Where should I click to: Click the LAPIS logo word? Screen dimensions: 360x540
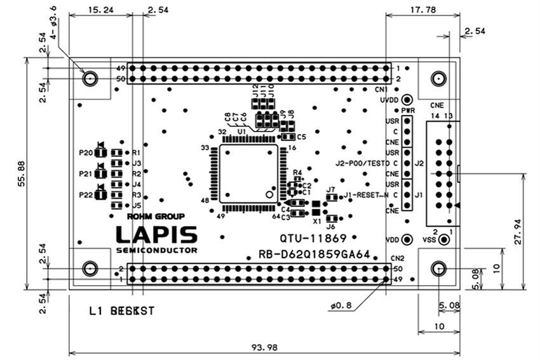point(156,234)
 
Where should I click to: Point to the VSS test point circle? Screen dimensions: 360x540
point(445,241)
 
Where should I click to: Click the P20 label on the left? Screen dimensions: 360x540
point(85,154)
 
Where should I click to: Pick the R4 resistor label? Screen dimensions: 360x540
point(297,173)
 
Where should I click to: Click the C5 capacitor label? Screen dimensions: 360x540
point(301,137)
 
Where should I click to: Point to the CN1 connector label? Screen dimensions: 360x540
point(398,90)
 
